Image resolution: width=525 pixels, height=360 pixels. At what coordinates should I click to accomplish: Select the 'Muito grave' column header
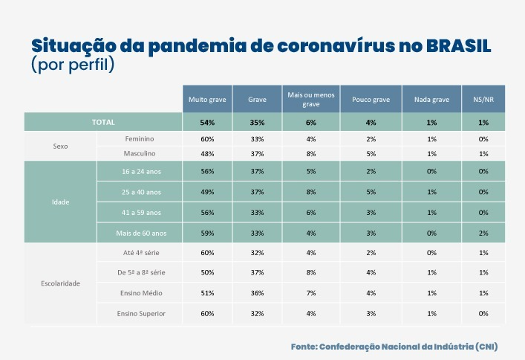(x=207, y=100)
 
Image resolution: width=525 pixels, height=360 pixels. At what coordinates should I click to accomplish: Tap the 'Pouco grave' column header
(x=371, y=100)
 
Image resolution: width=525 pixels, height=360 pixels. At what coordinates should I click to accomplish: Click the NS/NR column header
(x=483, y=100)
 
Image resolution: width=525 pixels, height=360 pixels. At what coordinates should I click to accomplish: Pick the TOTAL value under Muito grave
(x=207, y=123)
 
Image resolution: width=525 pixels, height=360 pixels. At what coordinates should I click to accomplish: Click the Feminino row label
(x=140, y=139)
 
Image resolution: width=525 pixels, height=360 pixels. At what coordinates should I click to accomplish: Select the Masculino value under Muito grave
(x=207, y=154)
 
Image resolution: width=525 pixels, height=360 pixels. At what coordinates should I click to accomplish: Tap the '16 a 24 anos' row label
(x=140, y=171)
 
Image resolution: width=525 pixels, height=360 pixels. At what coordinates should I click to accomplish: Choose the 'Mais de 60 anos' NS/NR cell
(x=483, y=233)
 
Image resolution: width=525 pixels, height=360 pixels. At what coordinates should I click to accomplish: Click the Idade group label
(x=61, y=202)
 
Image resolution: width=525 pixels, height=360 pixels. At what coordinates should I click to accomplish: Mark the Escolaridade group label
(x=61, y=283)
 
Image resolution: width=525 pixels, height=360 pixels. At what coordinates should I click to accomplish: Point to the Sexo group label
(x=61, y=147)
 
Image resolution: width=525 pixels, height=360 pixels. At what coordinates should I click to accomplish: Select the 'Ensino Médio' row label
(x=140, y=293)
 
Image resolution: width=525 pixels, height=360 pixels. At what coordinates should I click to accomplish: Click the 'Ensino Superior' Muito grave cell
(x=207, y=314)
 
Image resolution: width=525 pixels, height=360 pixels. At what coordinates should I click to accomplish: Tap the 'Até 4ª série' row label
(x=140, y=253)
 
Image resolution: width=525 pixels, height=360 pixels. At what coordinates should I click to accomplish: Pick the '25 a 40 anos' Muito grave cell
(x=207, y=192)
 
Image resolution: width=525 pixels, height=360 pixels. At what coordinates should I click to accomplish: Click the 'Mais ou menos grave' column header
(x=311, y=100)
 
